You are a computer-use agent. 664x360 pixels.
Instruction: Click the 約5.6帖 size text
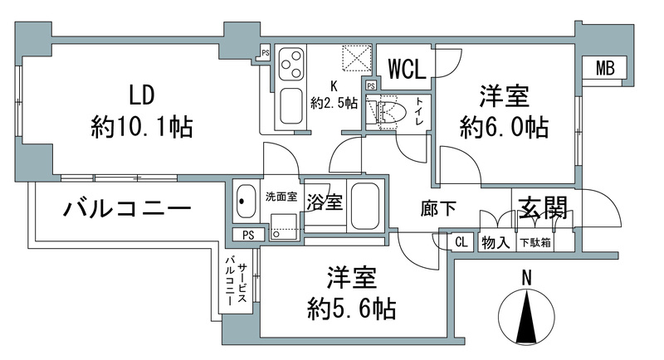click(x=349, y=309)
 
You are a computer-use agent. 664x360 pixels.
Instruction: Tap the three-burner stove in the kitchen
click(x=292, y=62)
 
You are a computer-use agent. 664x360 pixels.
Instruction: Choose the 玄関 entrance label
click(x=543, y=208)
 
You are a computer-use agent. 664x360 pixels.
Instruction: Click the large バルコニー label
click(x=128, y=209)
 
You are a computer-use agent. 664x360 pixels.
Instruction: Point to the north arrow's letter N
click(x=525, y=279)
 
